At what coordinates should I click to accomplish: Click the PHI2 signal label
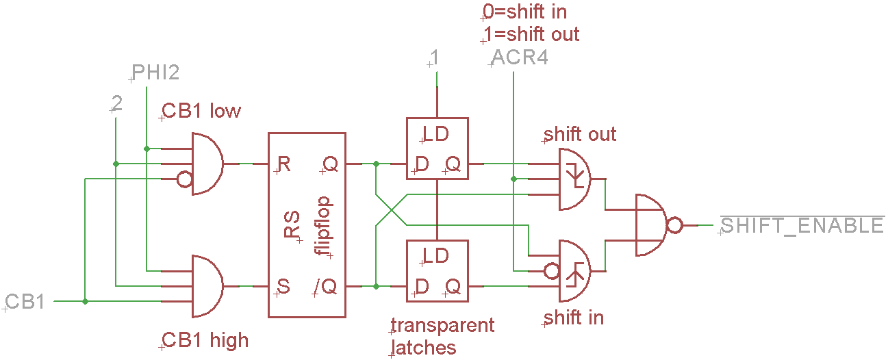coord(155,73)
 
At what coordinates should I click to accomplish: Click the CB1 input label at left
coord(25,302)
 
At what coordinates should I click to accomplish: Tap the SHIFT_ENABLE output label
coord(802,225)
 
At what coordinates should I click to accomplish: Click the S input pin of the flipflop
coord(283,286)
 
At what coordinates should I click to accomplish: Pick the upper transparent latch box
coord(437,149)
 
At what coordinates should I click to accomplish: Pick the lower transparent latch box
coord(437,270)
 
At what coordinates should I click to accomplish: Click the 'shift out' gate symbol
coord(575,179)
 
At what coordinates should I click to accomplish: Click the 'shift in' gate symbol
coord(575,270)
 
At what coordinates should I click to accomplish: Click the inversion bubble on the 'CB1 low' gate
coord(184,180)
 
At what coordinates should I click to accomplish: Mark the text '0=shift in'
coord(524,12)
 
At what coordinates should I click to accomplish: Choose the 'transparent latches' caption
coord(441,336)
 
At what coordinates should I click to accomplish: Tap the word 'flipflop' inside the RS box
coord(324,226)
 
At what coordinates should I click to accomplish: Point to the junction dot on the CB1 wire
coord(85,301)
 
